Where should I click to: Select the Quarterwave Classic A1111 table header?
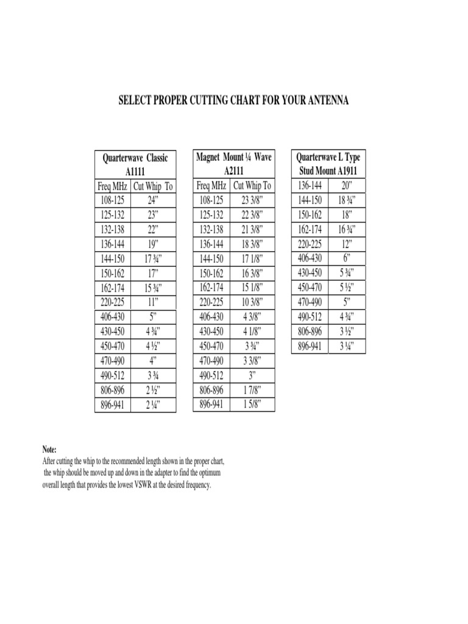point(135,165)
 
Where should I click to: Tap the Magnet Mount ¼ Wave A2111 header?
point(234,164)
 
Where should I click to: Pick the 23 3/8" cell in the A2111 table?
point(252,200)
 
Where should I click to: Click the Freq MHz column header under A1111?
point(113,186)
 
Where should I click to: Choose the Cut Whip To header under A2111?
point(252,186)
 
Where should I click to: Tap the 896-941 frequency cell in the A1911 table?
point(310,347)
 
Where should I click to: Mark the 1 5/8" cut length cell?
point(252,405)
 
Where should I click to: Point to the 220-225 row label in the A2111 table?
point(211,302)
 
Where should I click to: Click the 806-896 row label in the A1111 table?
point(113,390)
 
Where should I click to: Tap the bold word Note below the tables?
point(50,450)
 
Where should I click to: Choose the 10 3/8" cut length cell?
point(252,302)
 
